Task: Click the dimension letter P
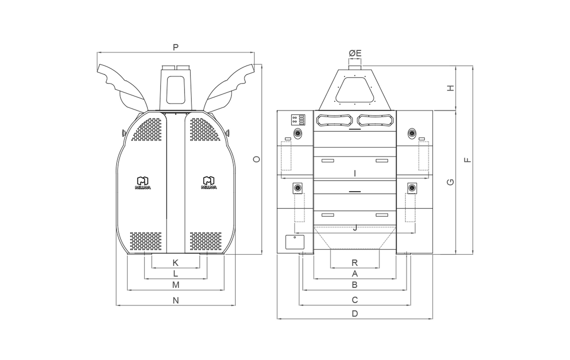[176, 47]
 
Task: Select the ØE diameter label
[355, 53]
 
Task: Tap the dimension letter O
[257, 159]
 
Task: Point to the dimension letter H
[451, 88]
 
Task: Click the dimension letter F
[468, 159]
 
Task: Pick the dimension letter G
[451, 182]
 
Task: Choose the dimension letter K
[176, 263]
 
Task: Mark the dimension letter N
[176, 300]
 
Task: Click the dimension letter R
[355, 263]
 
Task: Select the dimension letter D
[355, 314]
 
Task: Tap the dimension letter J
[355, 228]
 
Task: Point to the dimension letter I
[355, 174]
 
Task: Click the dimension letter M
[176, 285]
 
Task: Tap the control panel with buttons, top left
[298, 120]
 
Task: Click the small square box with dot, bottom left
[295, 242]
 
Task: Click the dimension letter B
[355, 285]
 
